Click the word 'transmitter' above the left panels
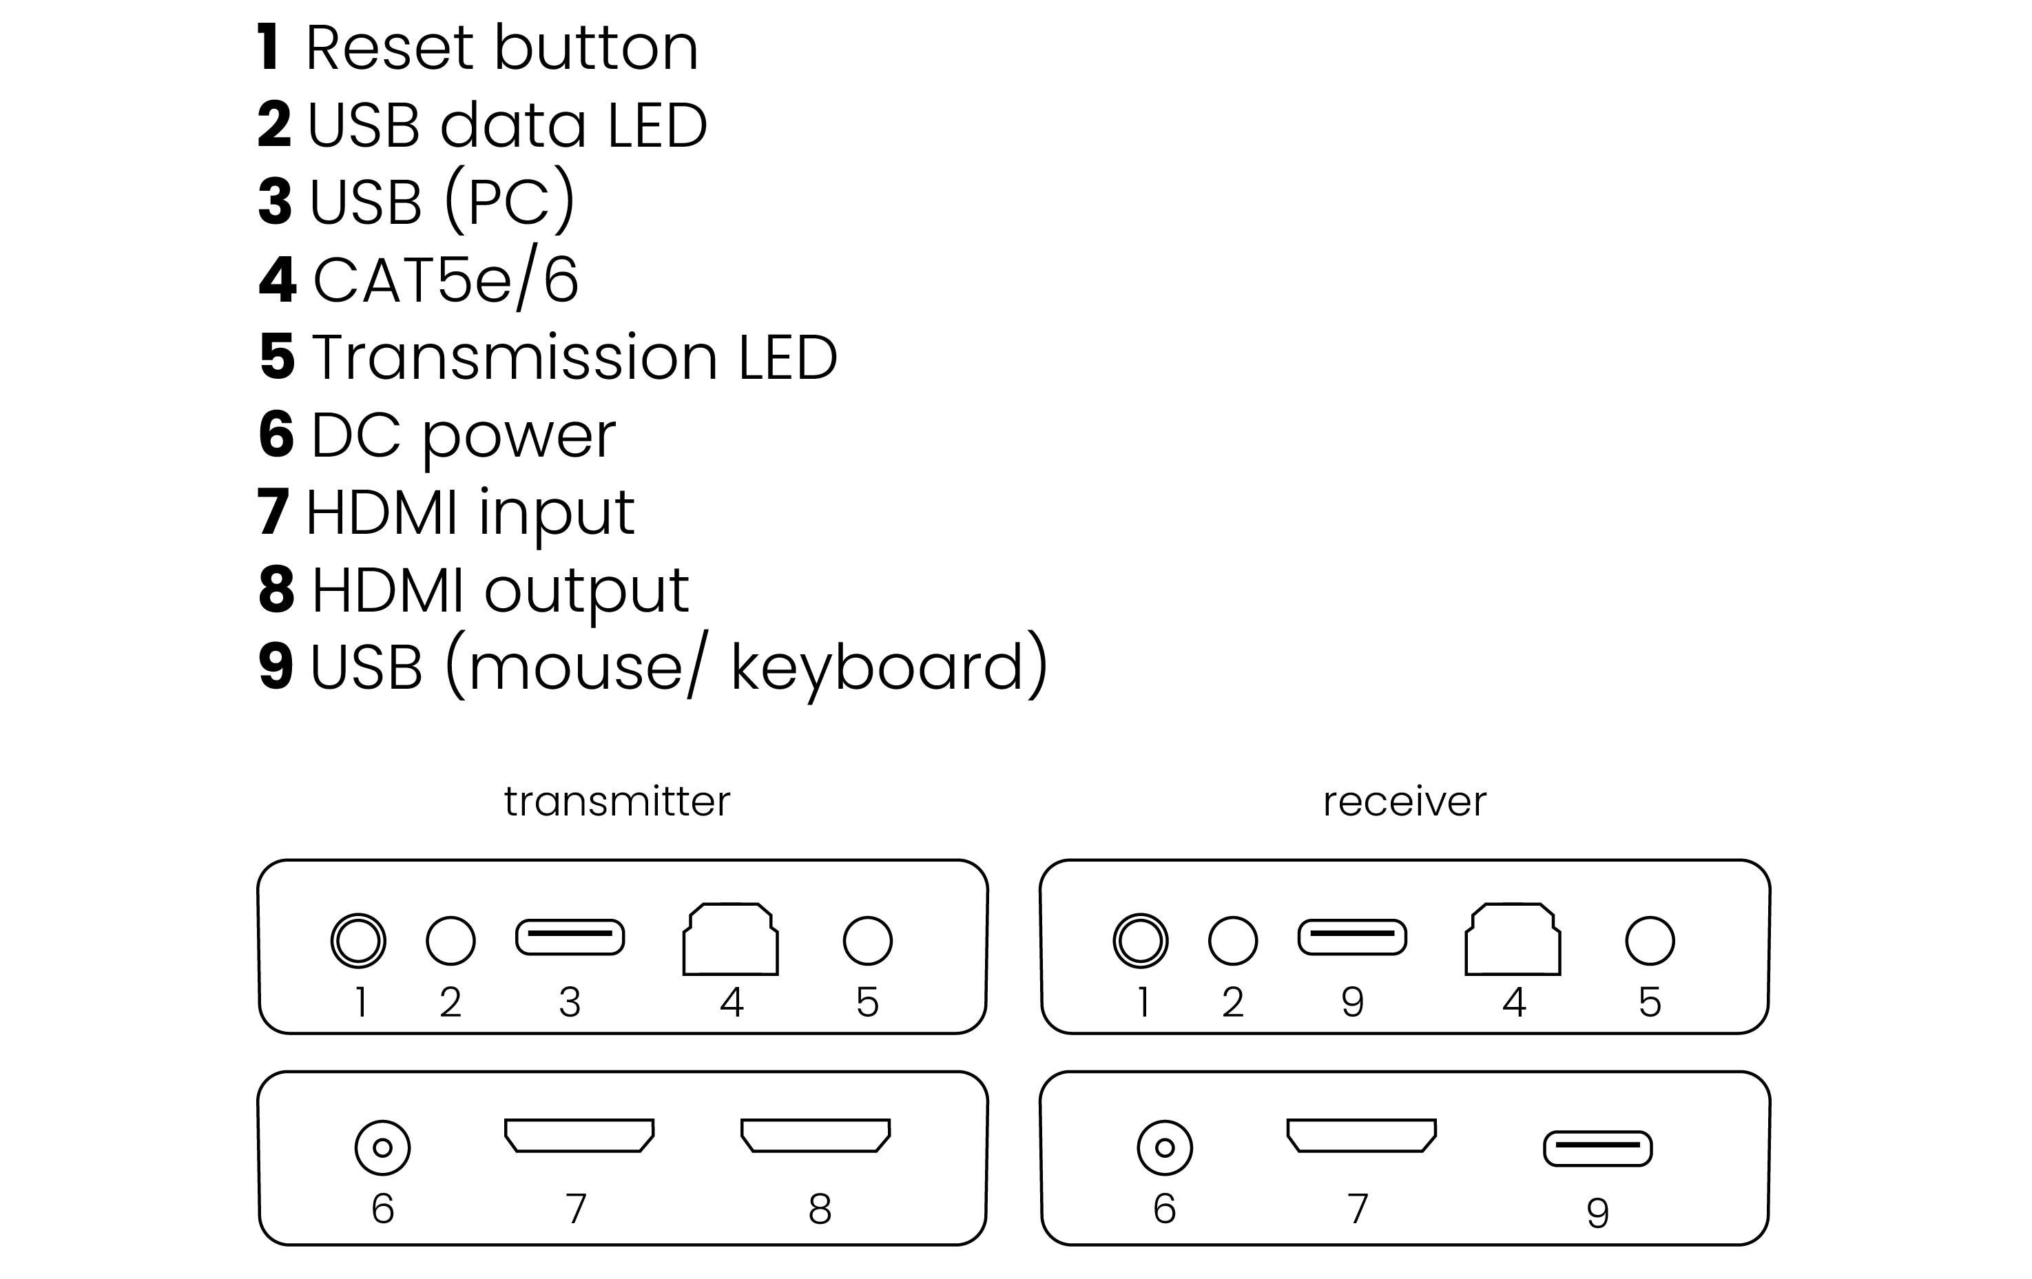pyautogui.click(x=617, y=802)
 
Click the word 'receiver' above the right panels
pyautogui.click(x=1404, y=802)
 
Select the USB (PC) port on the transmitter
pyautogui.click(x=570, y=937)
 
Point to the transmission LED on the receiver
pyautogui.click(x=1650, y=940)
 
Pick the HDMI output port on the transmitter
pyautogui.click(x=815, y=1136)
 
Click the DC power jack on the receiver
pyautogui.click(x=1165, y=1147)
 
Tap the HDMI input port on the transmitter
pyautogui.click(x=579, y=1136)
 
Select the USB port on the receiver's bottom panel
pyautogui.click(x=1597, y=1148)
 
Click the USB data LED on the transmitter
pyautogui.click(x=450, y=940)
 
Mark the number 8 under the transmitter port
pyautogui.click(x=820, y=1208)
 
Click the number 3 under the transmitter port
pyautogui.click(x=570, y=1002)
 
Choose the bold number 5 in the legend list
pyautogui.click(x=277, y=357)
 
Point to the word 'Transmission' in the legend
pyautogui.click(x=515, y=357)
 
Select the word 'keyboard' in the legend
pyautogui.click(x=878, y=667)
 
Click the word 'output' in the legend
pyautogui.click(x=586, y=590)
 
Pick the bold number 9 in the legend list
pyautogui.click(x=276, y=667)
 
